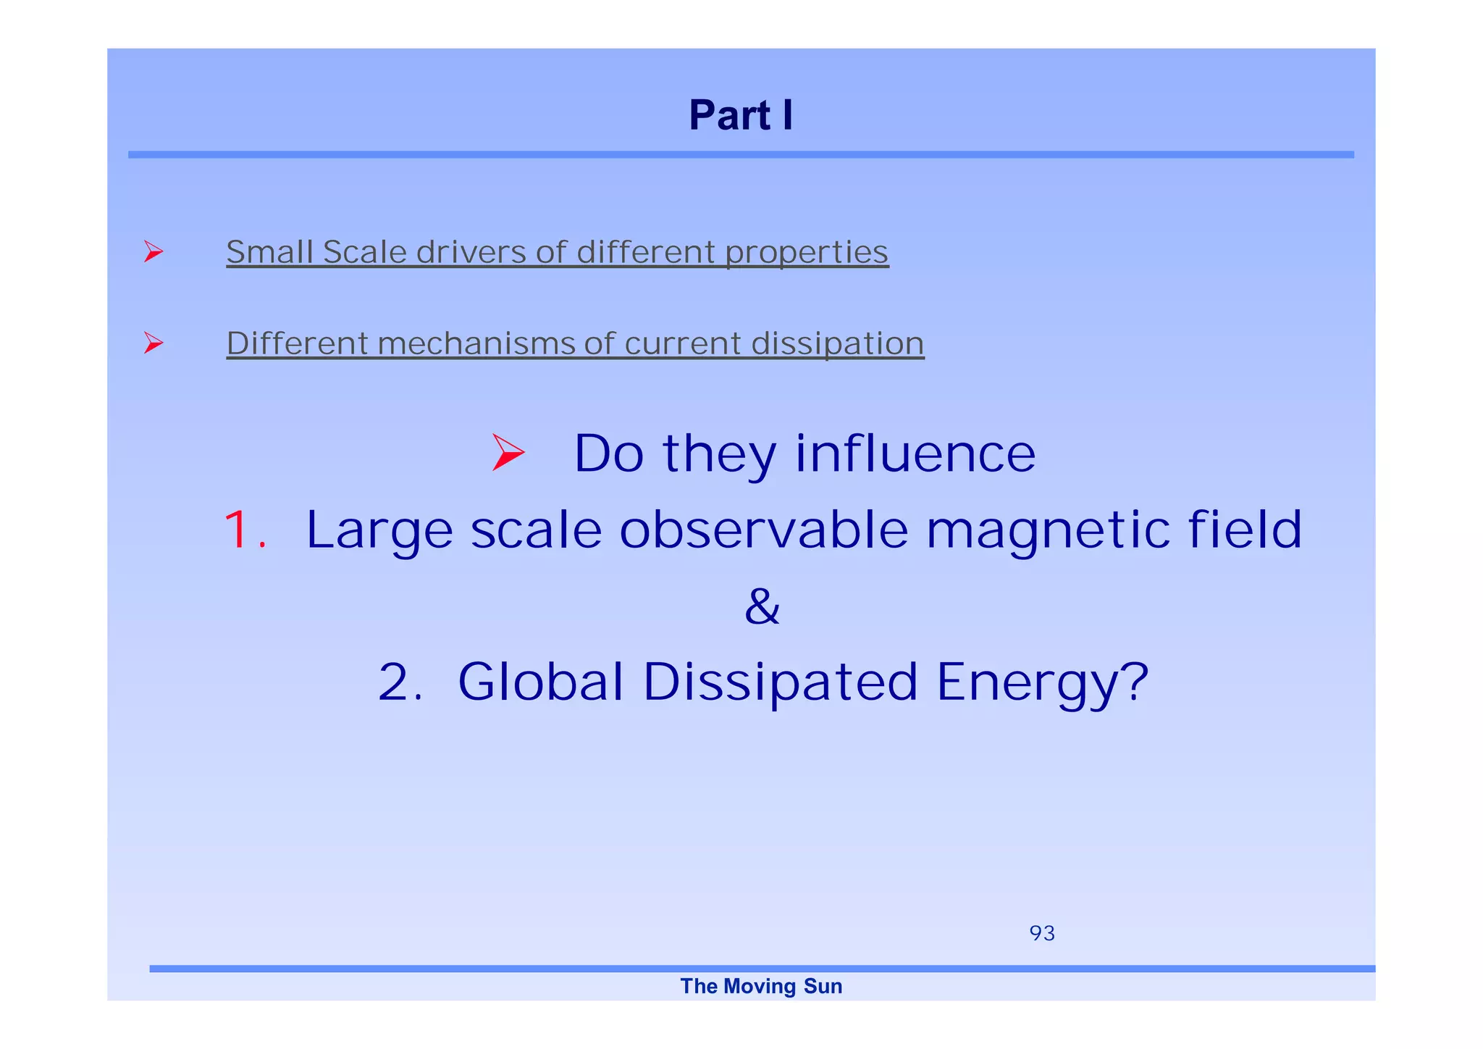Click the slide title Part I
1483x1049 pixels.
(x=741, y=115)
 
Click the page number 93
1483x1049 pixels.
(x=1042, y=933)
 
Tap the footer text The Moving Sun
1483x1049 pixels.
(x=761, y=986)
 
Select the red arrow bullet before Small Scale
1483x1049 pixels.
(x=153, y=251)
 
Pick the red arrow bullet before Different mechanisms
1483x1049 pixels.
(x=153, y=342)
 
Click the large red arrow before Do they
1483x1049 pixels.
(x=508, y=453)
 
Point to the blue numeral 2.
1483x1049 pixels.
(x=399, y=682)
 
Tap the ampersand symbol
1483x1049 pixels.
(x=762, y=606)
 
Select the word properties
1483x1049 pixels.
(x=807, y=252)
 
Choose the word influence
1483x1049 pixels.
(x=915, y=454)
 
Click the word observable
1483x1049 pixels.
(x=763, y=530)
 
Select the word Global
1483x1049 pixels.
(x=541, y=682)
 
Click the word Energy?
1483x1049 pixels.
(x=1042, y=682)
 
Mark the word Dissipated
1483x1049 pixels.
(x=780, y=682)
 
